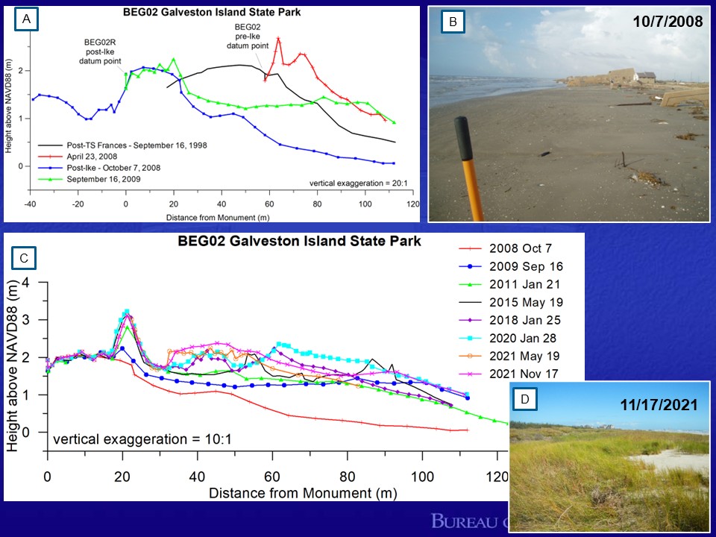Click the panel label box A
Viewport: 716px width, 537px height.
click(27, 21)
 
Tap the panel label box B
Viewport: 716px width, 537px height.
click(451, 23)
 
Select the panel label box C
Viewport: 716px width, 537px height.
click(24, 259)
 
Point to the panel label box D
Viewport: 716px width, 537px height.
click(525, 401)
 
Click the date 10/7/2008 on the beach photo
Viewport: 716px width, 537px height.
click(668, 22)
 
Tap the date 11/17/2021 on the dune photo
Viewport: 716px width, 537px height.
click(659, 405)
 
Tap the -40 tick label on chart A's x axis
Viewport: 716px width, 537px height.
click(30, 204)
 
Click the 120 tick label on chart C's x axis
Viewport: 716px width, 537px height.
click(497, 477)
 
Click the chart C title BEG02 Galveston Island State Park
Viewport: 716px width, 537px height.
click(299, 242)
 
